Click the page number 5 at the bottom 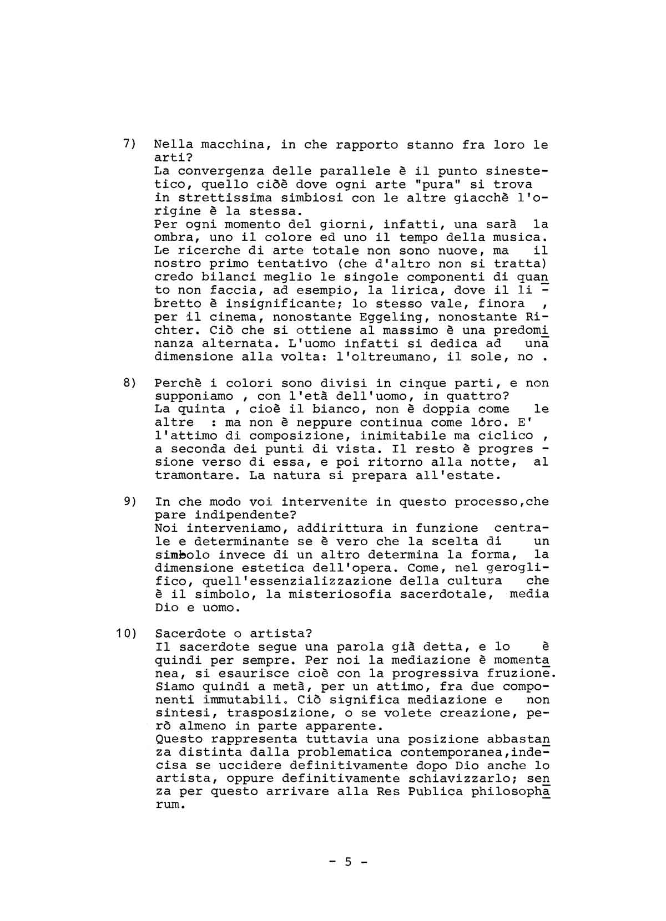click(349, 862)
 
